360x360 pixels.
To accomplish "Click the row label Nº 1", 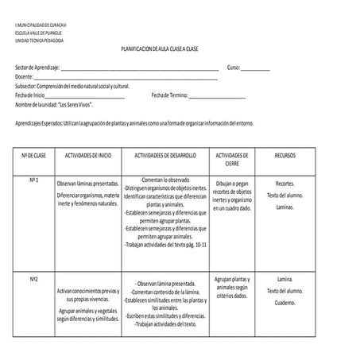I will [x=35, y=180].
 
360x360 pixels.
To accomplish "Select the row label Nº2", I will [x=35, y=279].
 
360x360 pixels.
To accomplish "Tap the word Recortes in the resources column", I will [x=285, y=184].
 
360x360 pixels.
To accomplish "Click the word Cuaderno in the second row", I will [x=285, y=304].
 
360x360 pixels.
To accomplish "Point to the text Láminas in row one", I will [x=285, y=207].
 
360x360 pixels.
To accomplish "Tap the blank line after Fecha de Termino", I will [x=217, y=97].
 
